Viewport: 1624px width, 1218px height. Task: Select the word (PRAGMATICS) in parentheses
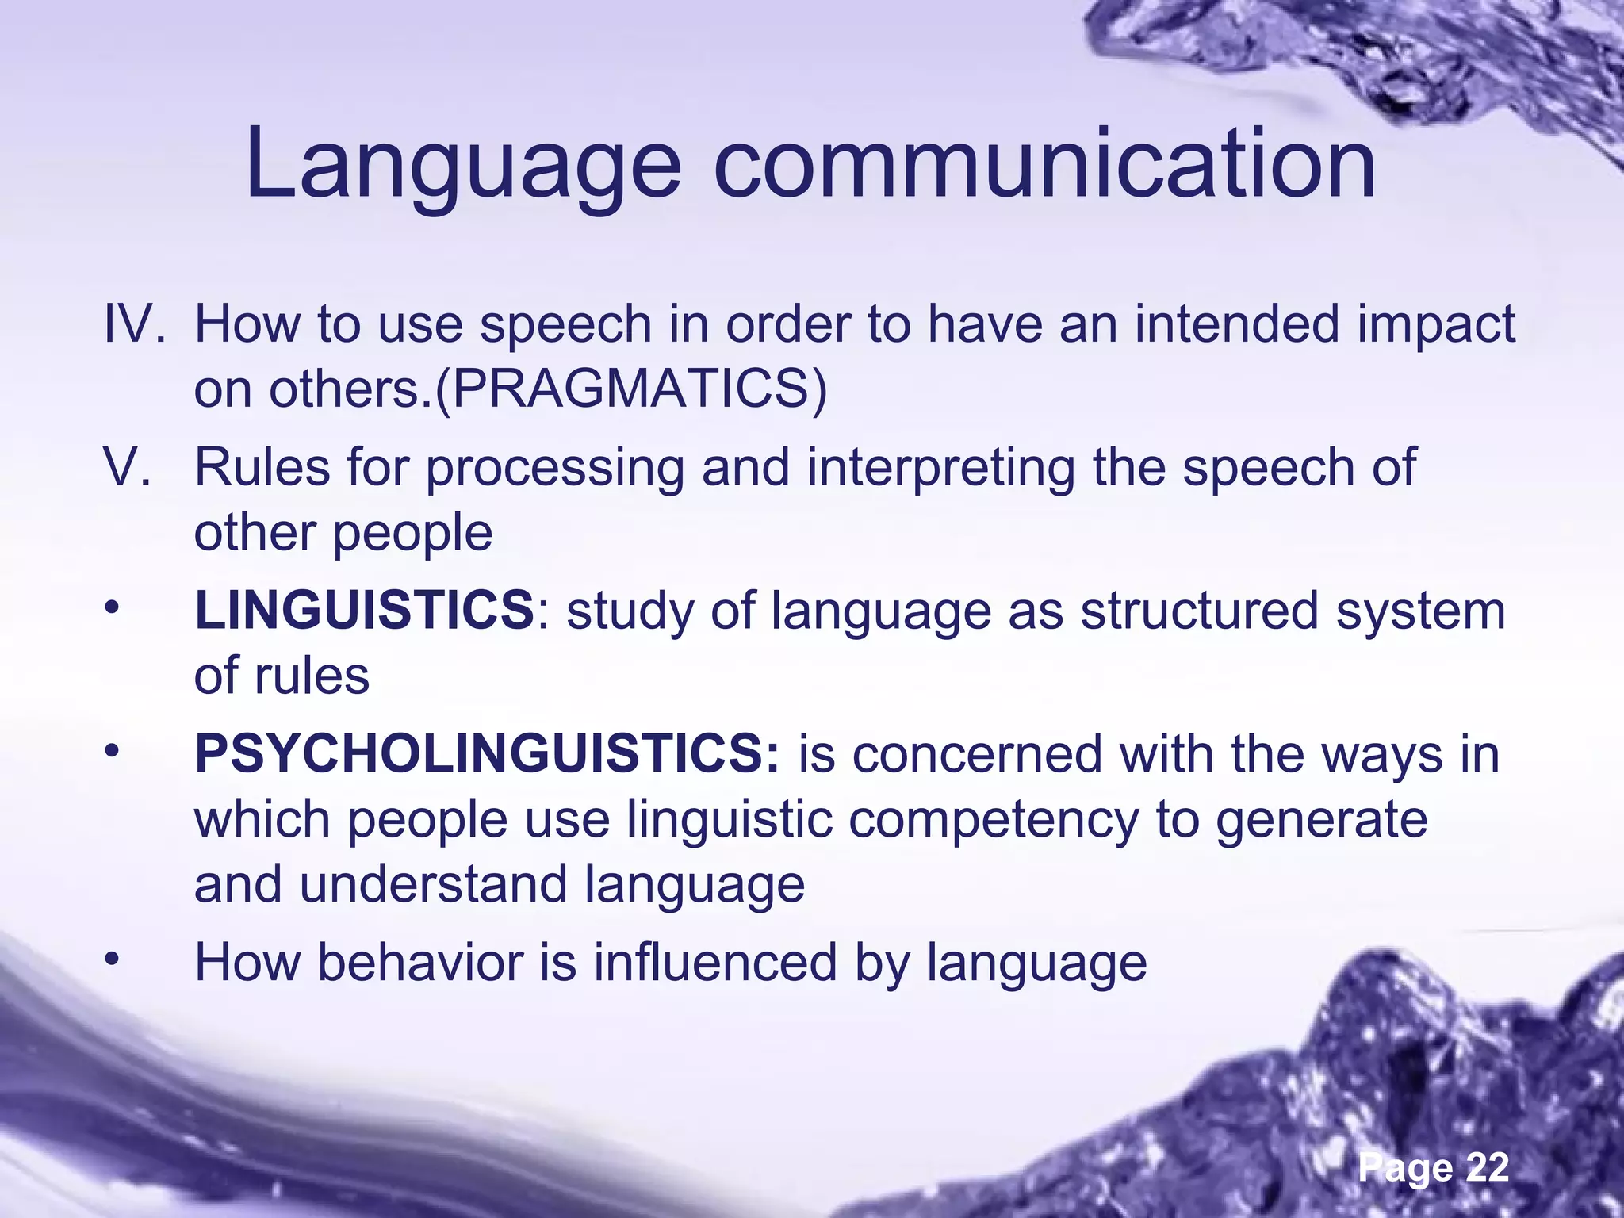pyautogui.click(x=631, y=389)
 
